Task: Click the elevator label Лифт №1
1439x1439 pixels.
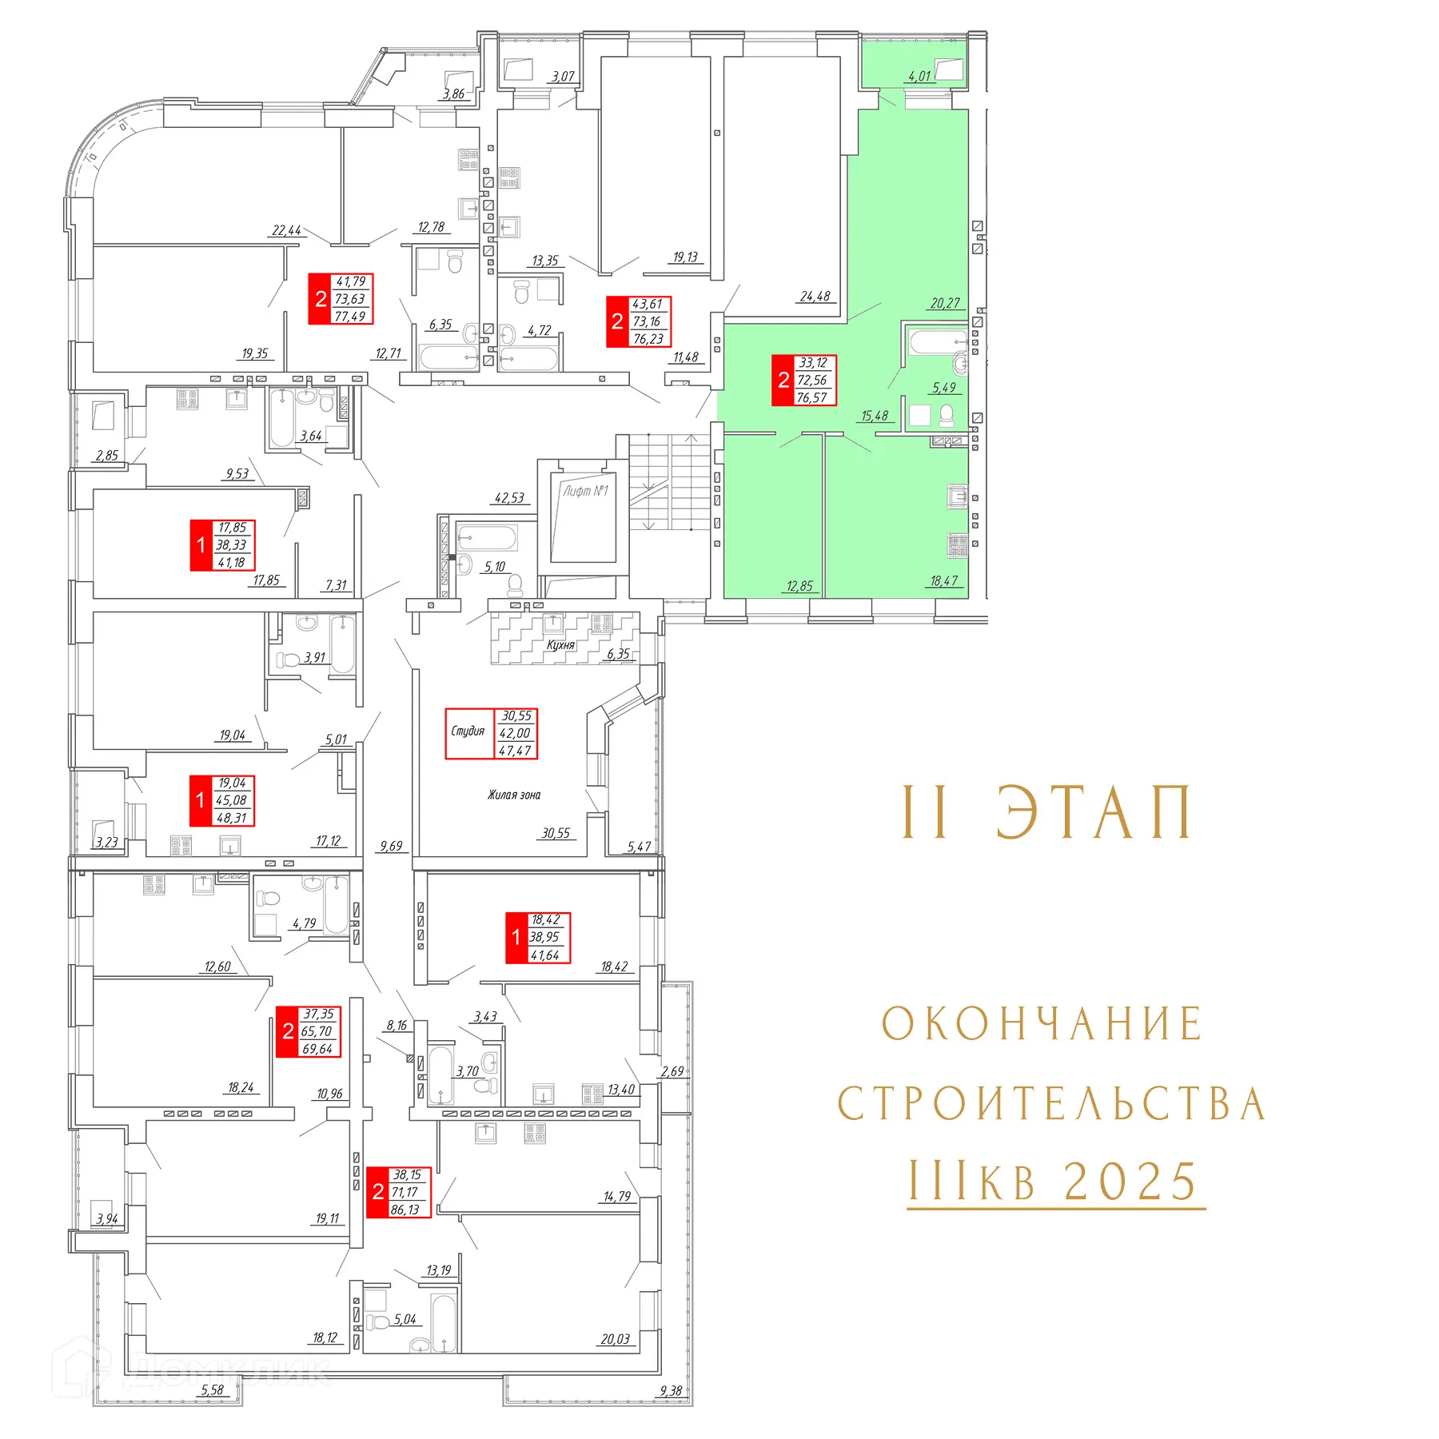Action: coord(585,491)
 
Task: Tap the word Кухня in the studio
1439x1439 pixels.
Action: coord(560,645)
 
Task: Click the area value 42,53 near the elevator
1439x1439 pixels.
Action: coord(509,498)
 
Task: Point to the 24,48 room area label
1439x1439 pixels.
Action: coord(815,297)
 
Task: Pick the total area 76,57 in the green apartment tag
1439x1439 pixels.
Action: coord(811,397)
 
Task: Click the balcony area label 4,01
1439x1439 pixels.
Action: coord(919,77)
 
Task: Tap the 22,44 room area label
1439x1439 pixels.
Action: coord(286,231)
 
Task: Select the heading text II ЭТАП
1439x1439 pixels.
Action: coord(1047,812)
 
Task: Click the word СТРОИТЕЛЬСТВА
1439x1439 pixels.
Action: coord(1050,1104)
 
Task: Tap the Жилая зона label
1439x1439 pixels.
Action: coord(514,795)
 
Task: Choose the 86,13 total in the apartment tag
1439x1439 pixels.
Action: coord(405,1210)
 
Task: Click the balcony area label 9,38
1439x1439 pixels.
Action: coord(671,1390)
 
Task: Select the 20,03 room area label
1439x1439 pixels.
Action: coord(616,1339)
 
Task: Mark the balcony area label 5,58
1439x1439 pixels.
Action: coord(213,1389)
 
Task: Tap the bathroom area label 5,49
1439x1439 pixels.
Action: coord(944,388)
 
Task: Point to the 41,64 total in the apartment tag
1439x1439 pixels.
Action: coord(545,955)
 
